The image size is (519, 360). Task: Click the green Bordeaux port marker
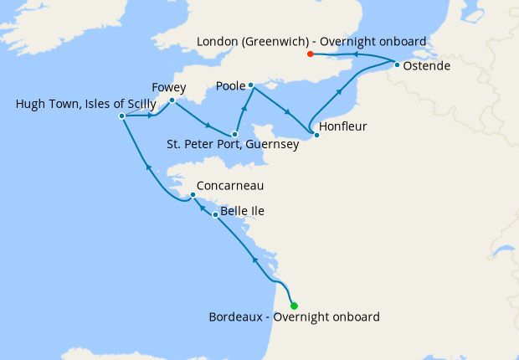[294, 306]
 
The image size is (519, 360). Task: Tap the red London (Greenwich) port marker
[311, 54]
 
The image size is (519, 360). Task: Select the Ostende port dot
[396, 64]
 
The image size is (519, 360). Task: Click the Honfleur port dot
[316, 135]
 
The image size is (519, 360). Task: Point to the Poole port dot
[250, 85]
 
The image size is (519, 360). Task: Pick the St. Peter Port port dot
[235, 134]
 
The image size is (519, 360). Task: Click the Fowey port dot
[172, 100]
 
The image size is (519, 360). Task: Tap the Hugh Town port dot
[122, 116]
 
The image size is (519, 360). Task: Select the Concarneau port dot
[193, 195]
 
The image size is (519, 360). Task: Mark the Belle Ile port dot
[215, 215]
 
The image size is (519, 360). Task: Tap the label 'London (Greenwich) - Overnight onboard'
[311, 41]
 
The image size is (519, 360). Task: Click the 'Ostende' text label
[426, 64]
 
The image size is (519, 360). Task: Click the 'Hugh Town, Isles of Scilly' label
[85, 104]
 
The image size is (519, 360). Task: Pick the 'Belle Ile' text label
[242, 211]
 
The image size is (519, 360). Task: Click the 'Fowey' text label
[169, 87]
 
